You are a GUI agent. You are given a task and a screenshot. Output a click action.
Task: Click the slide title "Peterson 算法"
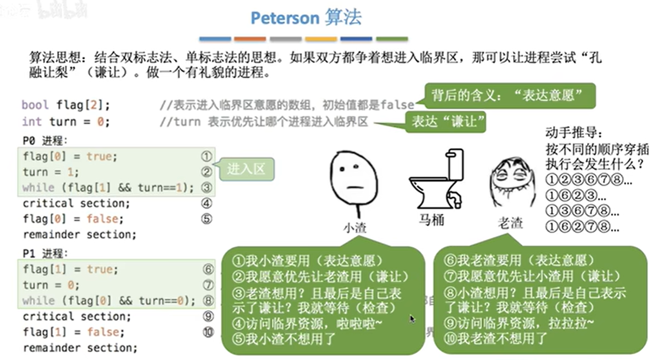coord(306,18)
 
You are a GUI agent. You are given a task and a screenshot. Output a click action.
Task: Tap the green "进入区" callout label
coord(246,169)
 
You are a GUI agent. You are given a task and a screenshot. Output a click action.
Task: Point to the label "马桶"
coord(432,220)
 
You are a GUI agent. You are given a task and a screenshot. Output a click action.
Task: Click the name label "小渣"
coord(354,228)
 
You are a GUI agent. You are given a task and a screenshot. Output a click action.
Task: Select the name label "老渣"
coord(510,222)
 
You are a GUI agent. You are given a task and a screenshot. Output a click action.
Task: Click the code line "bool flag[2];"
coord(66,105)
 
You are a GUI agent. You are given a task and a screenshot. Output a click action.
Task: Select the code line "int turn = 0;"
coord(66,122)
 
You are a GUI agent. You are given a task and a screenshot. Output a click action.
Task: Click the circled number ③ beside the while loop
coord(206,188)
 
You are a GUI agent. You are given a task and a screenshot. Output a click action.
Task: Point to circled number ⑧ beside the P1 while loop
coord(208,301)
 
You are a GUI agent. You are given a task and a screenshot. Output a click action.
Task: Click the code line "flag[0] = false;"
coord(73,219)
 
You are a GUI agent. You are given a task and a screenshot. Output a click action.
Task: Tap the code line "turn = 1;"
coord(51,172)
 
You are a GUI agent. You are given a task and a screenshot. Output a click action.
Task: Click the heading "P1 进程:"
coord(46,254)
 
